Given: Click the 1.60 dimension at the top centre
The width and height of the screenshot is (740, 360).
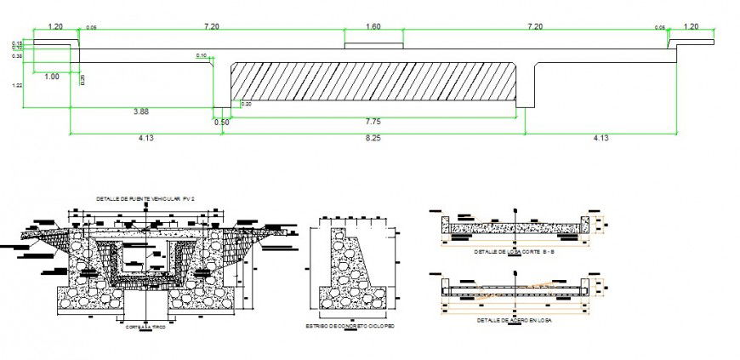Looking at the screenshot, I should tap(373, 27).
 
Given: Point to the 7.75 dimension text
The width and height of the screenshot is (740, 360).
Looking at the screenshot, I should tap(373, 121).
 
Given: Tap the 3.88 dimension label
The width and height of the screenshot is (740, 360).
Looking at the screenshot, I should tap(141, 111).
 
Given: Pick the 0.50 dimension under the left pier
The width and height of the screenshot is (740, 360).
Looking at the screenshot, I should tap(222, 122).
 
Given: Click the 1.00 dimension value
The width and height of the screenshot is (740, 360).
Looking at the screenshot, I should tap(51, 77).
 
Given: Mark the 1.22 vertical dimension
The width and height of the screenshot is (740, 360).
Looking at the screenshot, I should tap(18, 85).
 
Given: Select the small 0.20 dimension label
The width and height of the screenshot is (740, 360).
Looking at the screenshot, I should tap(246, 104).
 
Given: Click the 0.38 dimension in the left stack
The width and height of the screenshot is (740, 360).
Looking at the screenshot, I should tap(17, 56).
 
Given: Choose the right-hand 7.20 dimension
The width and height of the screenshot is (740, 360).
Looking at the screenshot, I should tap(535, 27).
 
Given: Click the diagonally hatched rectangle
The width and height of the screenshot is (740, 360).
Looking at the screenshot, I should tap(373, 83).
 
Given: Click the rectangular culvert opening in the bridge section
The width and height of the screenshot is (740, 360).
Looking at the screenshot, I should tap(145, 255).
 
